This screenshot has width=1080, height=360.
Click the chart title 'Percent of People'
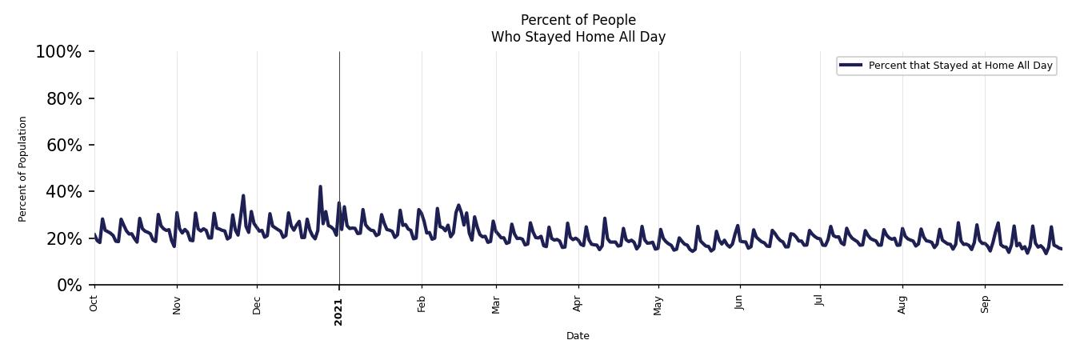(x=578, y=20)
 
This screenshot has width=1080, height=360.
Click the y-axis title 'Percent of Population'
(x=23, y=169)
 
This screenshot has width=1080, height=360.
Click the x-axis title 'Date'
(x=578, y=336)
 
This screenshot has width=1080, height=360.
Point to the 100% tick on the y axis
(x=58, y=52)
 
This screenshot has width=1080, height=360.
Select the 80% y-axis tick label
(x=62, y=98)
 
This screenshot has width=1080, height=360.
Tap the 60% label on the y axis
(x=62, y=145)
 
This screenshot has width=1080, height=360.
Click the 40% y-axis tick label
(x=62, y=192)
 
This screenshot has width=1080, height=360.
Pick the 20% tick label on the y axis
(x=62, y=238)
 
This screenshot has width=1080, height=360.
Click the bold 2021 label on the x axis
(x=338, y=311)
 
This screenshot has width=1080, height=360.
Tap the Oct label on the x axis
(x=94, y=303)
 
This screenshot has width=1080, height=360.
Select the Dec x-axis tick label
(x=257, y=305)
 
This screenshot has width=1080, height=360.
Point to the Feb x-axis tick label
(x=422, y=304)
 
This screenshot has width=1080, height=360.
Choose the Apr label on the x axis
(x=578, y=304)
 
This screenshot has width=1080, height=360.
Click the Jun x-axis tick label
(x=739, y=303)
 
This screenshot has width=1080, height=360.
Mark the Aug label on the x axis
(x=902, y=305)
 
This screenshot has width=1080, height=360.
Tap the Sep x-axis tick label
(x=985, y=304)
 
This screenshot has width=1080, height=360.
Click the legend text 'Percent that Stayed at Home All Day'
(x=960, y=66)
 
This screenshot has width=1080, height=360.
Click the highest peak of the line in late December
(x=320, y=187)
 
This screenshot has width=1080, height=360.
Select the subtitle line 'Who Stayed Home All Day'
(x=578, y=37)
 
